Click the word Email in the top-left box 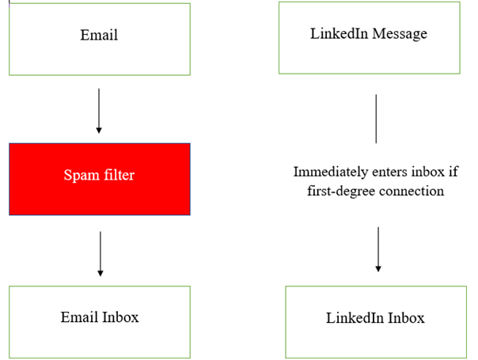click(x=99, y=36)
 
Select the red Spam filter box click(x=99, y=179)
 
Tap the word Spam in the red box click(x=80, y=175)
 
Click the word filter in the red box click(x=116, y=175)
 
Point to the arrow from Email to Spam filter click(x=99, y=110)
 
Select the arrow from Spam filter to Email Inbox click(x=100, y=253)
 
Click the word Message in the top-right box click(x=402, y=34)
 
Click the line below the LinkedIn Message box click(x=376, y=119)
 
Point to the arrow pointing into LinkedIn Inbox click(x=377, y=249)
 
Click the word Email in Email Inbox click(x=78, y=317)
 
